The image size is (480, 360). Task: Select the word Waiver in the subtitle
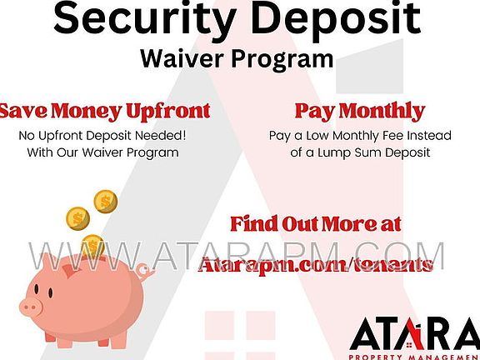point(182,58)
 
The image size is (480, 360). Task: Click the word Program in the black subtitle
point(282,60)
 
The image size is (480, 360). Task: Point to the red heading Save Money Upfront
point(105,112)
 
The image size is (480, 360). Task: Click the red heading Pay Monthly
point(360,112)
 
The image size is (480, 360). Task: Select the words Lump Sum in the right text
point(348,152)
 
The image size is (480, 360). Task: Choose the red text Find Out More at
point(316,223)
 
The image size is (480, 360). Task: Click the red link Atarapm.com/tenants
point(316,265)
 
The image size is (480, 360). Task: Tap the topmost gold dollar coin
point(105,202)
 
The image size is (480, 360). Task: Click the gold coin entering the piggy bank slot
point(92,246)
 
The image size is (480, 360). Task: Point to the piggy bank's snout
point(31,307)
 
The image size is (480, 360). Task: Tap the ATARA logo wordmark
point(415,334)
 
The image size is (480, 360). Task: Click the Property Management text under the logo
point(414,357)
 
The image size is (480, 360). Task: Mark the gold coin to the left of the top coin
point(77,218)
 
